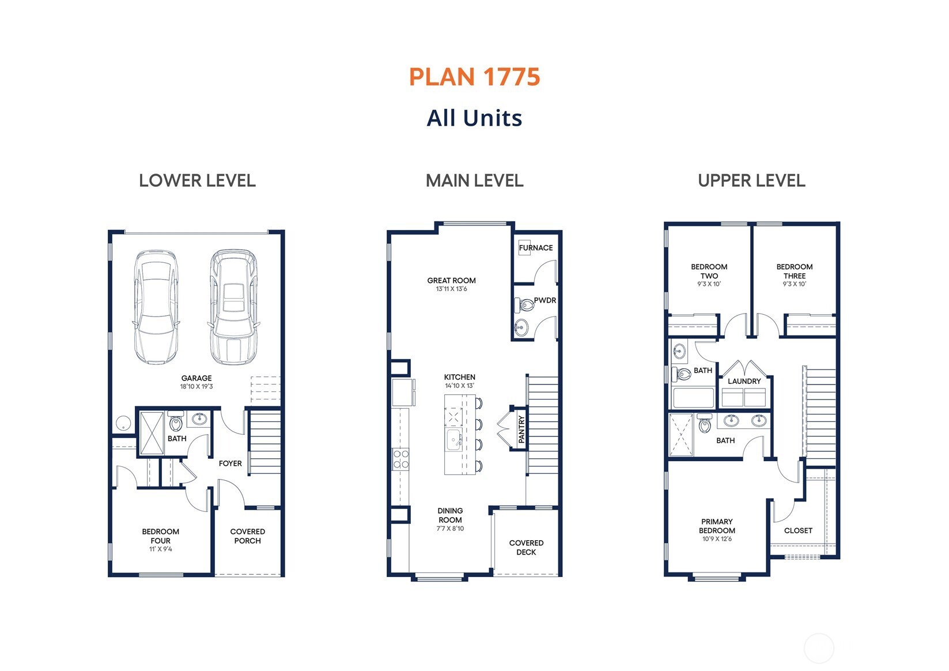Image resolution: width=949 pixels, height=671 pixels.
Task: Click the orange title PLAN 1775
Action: (x=474, y=77)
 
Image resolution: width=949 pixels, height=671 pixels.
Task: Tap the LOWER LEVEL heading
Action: (x=197, y=181)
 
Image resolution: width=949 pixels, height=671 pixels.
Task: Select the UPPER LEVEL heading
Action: (x=751, y=181)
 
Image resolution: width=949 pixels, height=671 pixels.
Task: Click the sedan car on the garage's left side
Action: (x=156, y=307)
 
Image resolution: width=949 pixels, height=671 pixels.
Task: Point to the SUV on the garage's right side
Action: (x=233, y=307)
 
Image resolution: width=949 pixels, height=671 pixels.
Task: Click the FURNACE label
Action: (x=535, y=248)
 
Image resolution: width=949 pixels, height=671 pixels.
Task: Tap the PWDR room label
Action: (x=545, y=300)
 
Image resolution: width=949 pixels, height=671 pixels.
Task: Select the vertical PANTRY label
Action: (x=521, y=429)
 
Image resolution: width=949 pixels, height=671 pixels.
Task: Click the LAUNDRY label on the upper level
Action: (x=744, y=381)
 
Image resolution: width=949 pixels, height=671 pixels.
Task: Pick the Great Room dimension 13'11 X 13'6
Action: (x=451, y=289)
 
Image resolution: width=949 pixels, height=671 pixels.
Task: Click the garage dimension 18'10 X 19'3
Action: (x=196, y=387)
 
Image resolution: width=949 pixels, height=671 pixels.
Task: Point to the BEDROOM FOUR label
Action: (x=160, y=536)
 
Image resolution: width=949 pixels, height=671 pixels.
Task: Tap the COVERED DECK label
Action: (x=526, y=548)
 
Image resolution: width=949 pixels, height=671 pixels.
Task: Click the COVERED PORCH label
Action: (x=247, y=536)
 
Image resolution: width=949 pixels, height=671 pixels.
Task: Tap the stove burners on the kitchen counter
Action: (x=400, y=459)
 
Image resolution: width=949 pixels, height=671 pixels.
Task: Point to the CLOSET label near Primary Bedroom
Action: (x=798, y=530)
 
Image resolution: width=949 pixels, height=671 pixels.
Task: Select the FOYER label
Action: (x=230, y=463)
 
